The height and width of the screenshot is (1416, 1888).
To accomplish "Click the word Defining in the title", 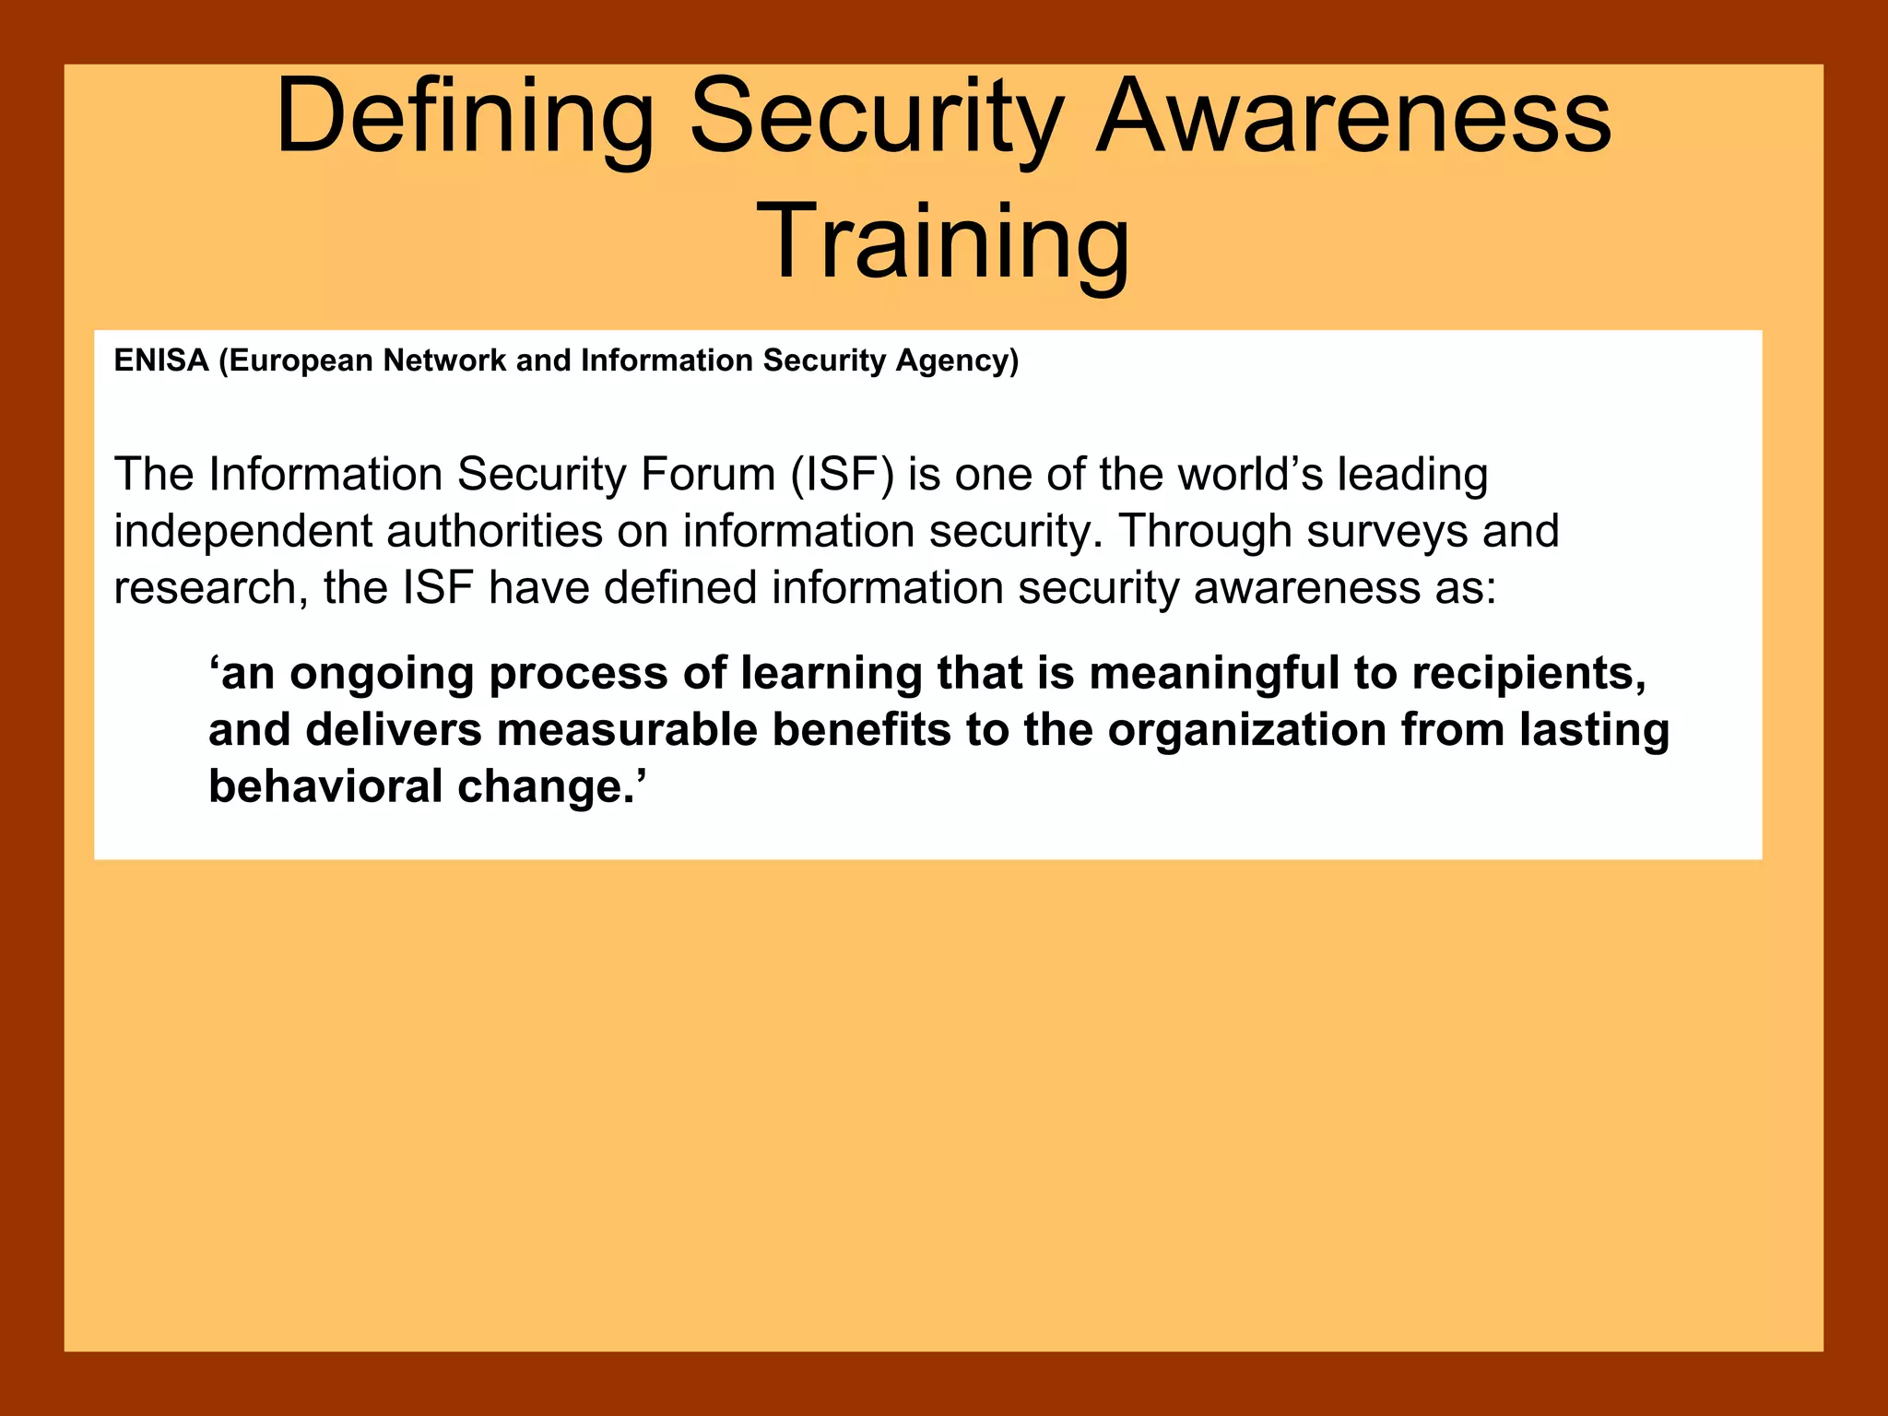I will pos(464,118).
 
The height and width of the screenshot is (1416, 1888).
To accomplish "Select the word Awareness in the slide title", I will pos(1353,118).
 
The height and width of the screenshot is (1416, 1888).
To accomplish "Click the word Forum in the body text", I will pos(707,475).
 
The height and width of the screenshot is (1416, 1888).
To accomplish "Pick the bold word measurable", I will pos(627,730).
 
